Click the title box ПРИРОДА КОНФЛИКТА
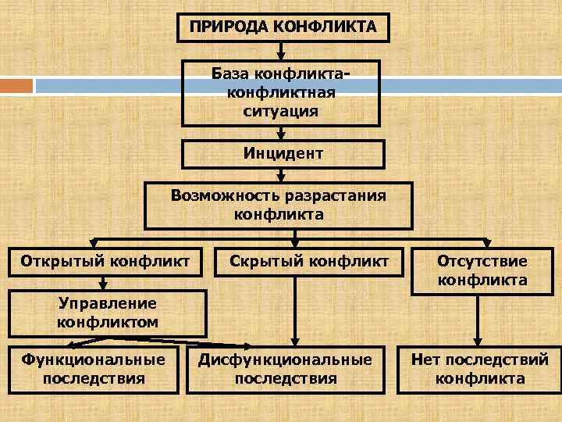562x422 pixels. pyautogui.click(x=283, y=27)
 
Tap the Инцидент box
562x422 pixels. pyautogui.click(x=283, y=154)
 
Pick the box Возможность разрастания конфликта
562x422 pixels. pyautogui.click(x=279, y=205)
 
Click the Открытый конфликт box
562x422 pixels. pyautogui.click(x=105, y=260)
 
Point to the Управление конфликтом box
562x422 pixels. pyautogui.click(x=107, y=313)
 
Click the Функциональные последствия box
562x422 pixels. pyautogui.click(x=94, y=369)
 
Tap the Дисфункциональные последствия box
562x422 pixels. pyautogui.click(x=285, y=369)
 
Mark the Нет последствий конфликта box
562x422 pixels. pyautogui.click(x=480, y=369)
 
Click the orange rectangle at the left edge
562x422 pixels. pyautogui.click(x=16, y=84)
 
